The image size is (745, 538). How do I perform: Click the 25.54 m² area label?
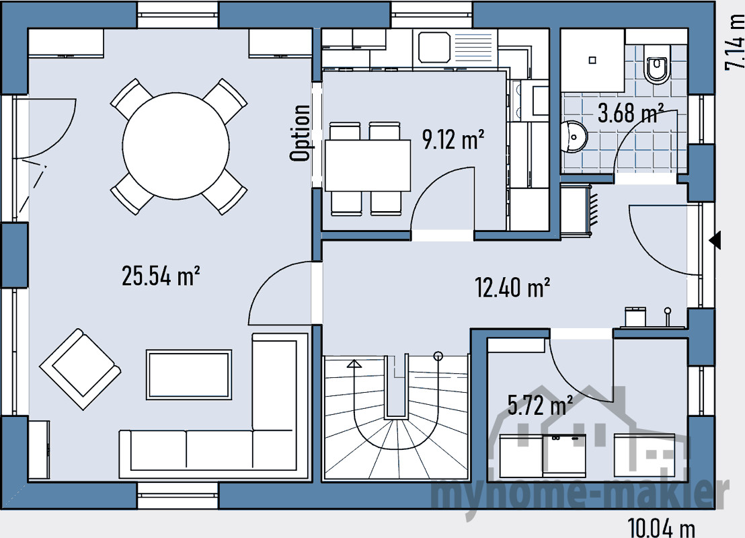pos(161,276)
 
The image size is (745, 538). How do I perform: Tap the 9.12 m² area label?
pos(453,139)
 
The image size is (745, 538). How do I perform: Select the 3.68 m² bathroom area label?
pos(631,114)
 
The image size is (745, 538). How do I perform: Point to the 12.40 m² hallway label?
pos(512,287)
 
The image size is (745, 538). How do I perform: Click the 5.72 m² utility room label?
pos(540,406)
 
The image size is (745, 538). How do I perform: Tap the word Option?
pos(301,133)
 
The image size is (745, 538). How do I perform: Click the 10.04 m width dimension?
pos(662,527)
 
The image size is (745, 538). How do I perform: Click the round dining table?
pos(175,146)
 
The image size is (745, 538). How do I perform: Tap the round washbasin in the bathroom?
pos(574,137)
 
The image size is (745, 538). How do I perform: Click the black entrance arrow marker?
pos(715,241)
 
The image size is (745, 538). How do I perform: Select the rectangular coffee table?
pos(189,375)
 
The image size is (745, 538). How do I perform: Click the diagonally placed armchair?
pos(80,369)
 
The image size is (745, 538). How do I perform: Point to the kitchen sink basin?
pos(434,48)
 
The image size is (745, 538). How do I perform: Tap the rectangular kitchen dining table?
pos(368,165)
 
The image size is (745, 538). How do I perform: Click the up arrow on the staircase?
pos(354,364)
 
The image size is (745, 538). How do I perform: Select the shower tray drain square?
pos(592,61)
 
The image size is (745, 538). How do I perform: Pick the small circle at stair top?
pos(438,356)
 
